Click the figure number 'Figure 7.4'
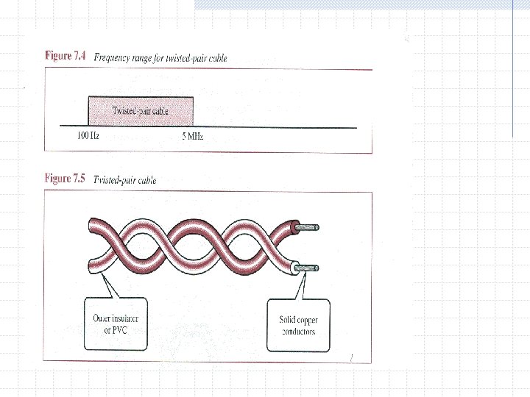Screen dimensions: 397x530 point(67,56)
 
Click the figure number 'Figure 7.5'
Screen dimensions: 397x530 point(67,179)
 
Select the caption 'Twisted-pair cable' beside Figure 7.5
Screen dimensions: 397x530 point(124,180)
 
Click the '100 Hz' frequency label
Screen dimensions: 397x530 point(88,137)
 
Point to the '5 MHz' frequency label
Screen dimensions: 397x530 point(192,137)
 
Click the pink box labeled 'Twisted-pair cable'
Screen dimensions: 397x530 point(141,111)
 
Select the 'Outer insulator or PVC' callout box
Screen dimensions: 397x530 point(116,323)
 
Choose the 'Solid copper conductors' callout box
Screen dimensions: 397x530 point(297,326)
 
